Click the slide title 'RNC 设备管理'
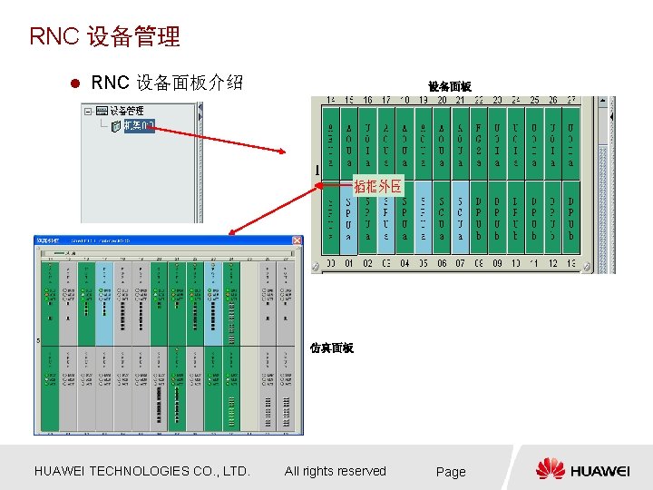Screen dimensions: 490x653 click(x=105, y=36)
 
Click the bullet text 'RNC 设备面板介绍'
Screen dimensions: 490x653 click(x=168, y=83)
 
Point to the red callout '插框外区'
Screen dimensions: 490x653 click(x=378, y=187)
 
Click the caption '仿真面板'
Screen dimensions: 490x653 click(x=331, y=348)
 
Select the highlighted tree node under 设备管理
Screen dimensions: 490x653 click(x=139, y=125)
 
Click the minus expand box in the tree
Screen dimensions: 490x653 click(x=88, y=112)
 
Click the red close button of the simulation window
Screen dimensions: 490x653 click(x=297, y=240)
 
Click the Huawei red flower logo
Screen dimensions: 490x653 click(x=551, y=469)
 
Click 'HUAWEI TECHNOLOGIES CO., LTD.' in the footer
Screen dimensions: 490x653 click(x=141, y=471)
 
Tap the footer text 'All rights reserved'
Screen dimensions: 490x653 click(x=335, y=471)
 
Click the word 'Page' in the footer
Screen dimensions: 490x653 click(x=451, y=472)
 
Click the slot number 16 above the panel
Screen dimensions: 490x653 click(x=367, y=100)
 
